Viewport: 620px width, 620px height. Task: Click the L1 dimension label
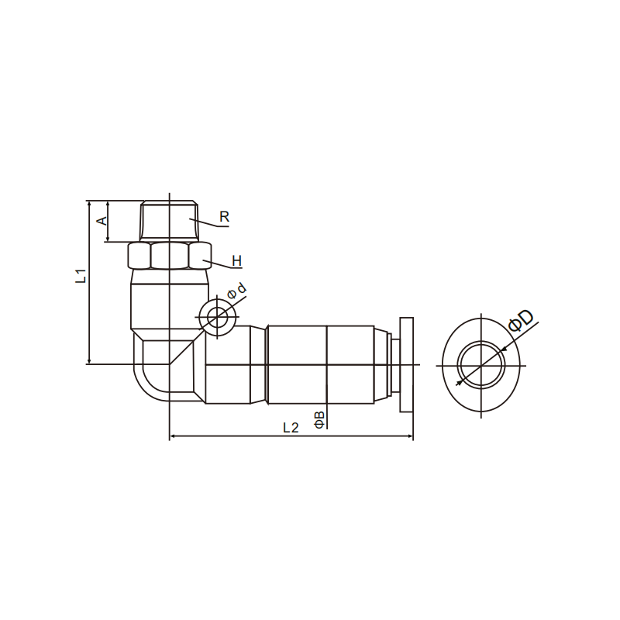(81, 276)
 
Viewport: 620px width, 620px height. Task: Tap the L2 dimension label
(291, 428)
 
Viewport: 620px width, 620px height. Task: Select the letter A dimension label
(102, 220)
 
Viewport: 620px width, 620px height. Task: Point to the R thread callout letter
(224, 217)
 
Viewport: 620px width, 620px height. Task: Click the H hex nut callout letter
(236, 261)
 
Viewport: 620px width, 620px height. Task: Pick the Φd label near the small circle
(236, 291)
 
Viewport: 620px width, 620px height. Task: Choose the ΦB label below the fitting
(319, 419)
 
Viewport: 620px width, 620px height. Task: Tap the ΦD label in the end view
(521, 320)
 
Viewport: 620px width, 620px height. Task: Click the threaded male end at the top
(169, 220)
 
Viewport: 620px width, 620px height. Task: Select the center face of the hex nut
(170, 256)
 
